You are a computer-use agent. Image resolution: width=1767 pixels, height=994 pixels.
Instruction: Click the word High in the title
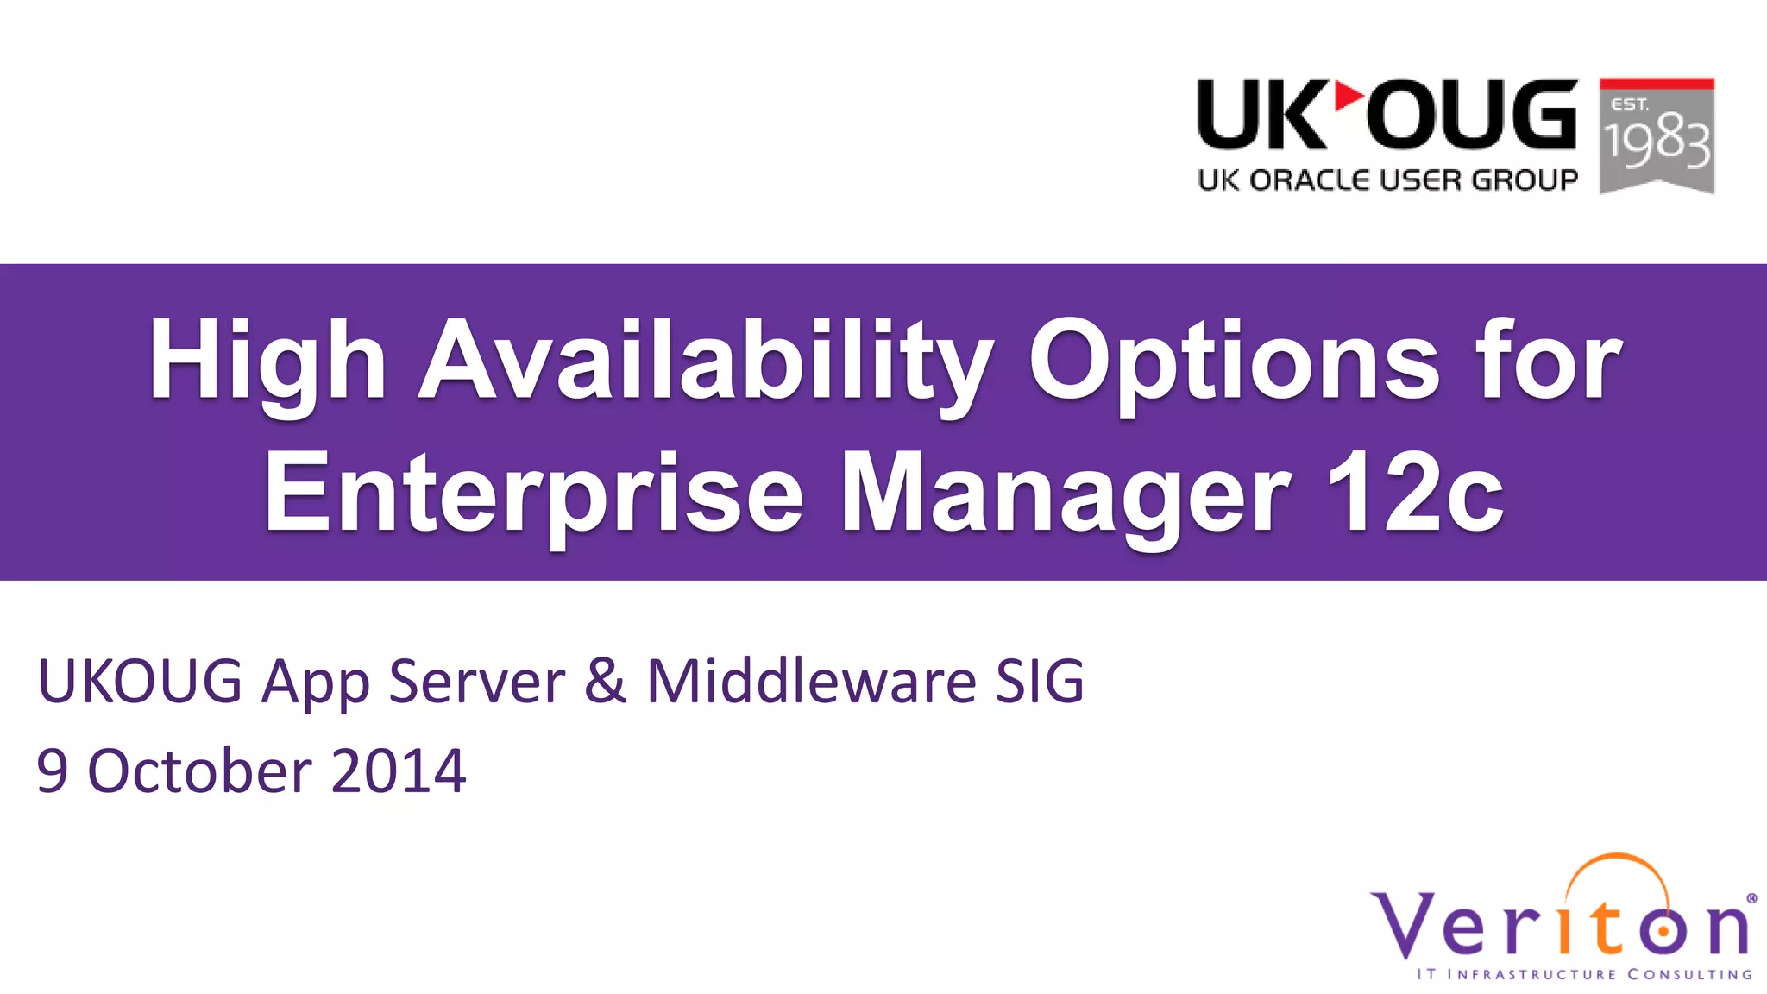267,361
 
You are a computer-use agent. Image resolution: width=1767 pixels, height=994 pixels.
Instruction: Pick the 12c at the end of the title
1415,492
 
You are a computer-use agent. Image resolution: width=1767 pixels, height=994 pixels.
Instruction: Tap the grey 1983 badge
1657,136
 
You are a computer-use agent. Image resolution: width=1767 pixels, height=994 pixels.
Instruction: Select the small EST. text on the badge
1630,104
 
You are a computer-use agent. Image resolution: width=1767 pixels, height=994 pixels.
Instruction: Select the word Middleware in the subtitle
811,681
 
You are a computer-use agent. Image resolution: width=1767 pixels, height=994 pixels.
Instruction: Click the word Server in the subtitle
476,681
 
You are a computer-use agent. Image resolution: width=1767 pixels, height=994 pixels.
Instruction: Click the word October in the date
199,770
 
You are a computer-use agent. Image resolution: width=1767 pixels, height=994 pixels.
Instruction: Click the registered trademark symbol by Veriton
1751,898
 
